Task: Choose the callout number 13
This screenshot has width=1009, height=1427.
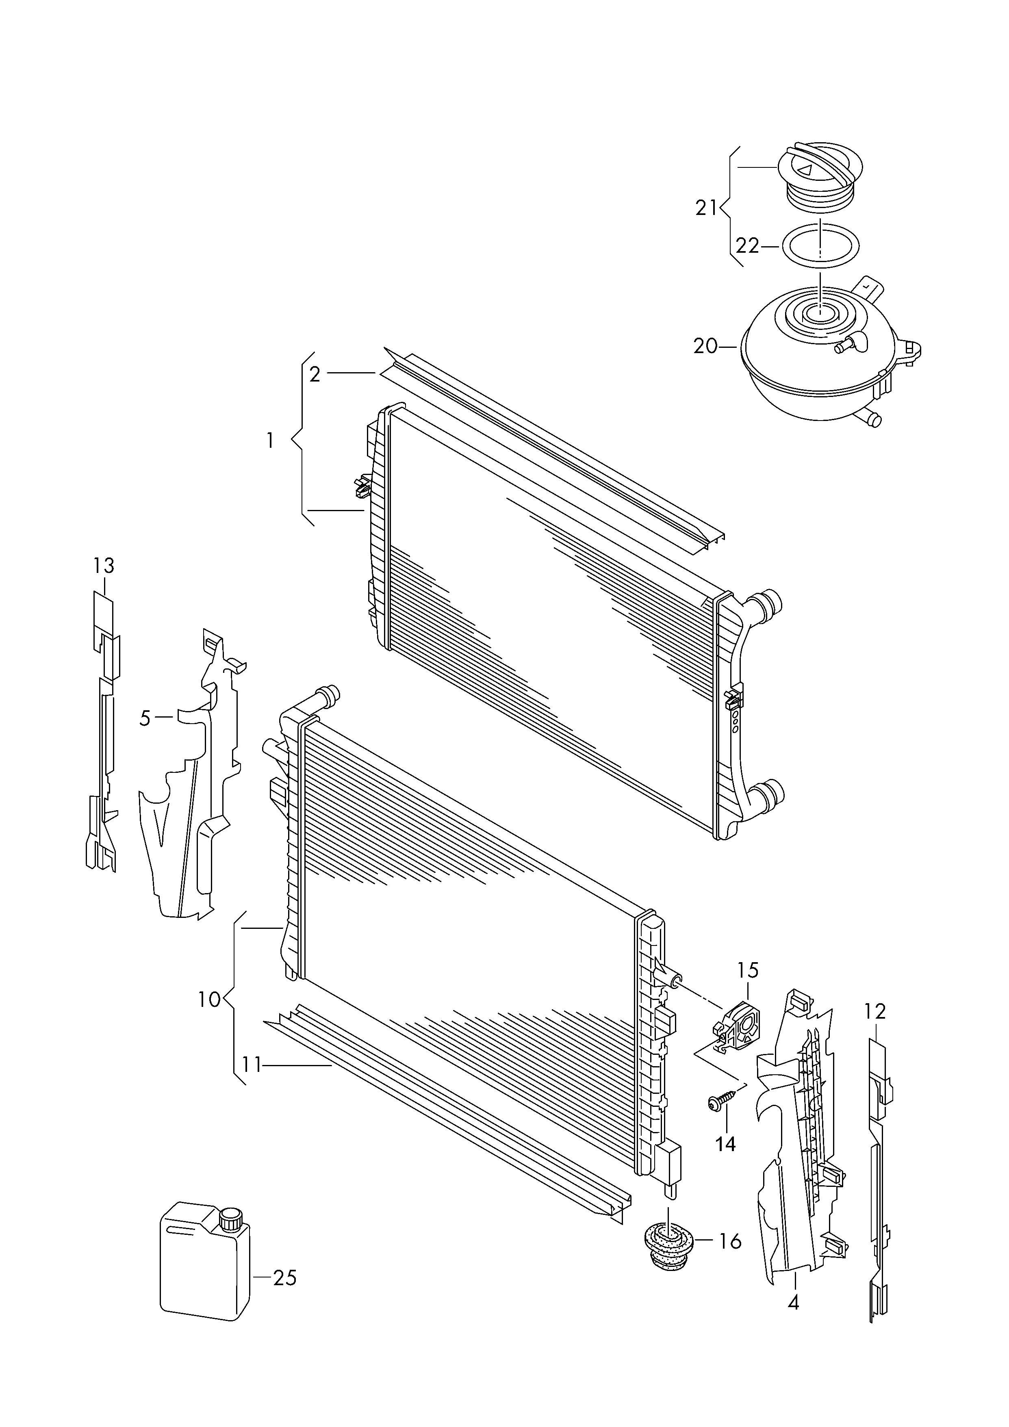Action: (x=104, y=566)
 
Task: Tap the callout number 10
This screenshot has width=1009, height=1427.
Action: (x=210, y=1000)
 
